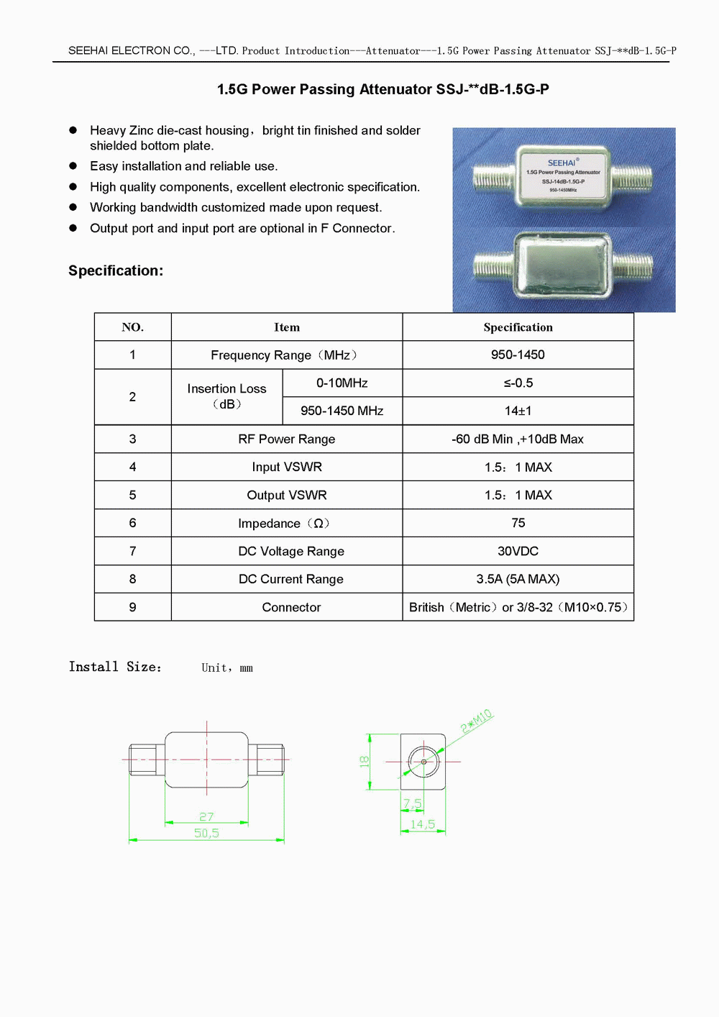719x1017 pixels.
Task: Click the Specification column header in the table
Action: click(518, 327)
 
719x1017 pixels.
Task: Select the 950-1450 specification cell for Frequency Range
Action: click(518, 355)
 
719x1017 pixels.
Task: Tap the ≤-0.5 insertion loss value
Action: click(518, 383)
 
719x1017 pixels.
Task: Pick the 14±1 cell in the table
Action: click(518, 411)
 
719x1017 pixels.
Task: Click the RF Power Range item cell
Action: click(286, 439)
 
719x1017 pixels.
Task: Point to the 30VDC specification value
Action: click(518, 551)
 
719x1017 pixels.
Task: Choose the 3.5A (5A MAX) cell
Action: click(518, 579)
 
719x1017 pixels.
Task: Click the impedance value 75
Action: click(518, 523)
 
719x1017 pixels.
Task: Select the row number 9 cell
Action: click(132, 607)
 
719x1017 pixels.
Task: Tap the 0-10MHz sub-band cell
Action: click(342, 383)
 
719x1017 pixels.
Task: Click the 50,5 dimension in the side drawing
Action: click(206, 833)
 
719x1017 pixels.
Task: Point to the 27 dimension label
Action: click(206, 816)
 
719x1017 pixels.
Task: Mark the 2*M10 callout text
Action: click(477, 721)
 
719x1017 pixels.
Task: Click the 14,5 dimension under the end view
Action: click(423, 824)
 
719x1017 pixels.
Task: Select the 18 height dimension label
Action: click(365, 761)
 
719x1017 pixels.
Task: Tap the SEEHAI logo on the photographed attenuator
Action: click(562, 163)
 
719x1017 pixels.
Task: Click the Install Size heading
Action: click(115, 667)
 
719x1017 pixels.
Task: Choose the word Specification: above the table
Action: click(116, 270)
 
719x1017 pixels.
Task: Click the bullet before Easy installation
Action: click(73, 165)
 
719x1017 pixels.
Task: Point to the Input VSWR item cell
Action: click(286, 467)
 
